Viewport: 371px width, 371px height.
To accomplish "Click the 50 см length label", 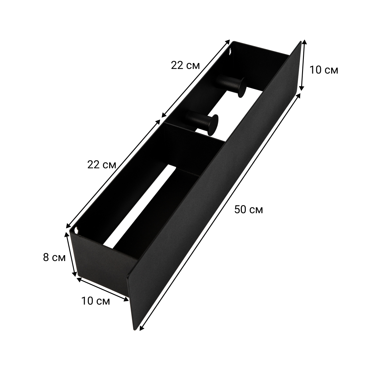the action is (x=249, y=209).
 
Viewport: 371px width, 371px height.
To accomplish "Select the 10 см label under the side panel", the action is (x=96, y=301).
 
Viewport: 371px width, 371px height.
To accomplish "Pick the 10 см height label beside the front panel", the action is (x=324, y=70).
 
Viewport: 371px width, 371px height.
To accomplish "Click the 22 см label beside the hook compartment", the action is (x=185, y=66).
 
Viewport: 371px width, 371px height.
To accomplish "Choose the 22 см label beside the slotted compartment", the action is (x=102, y=165).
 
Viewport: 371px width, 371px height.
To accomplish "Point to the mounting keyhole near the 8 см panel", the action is (x=77, y=230).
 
